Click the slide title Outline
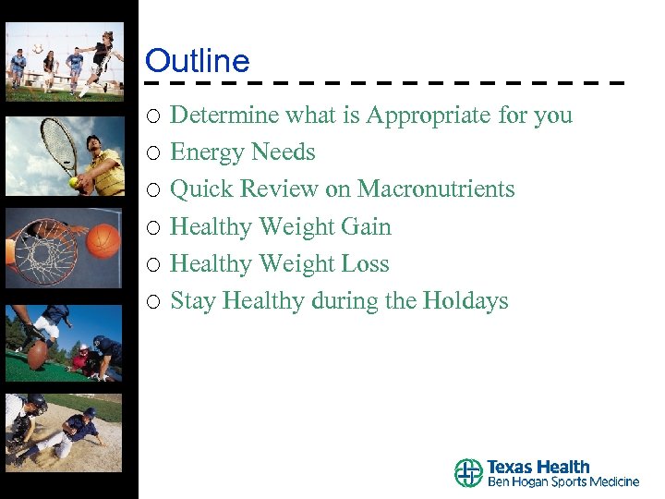point(197,61)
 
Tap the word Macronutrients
point(436,189)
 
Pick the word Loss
point(365,263)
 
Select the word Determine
point(225,116)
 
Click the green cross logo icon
point(468,473)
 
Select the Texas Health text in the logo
point(538,467)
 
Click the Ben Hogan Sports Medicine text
point(562,482)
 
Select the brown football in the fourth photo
point(38,353)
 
